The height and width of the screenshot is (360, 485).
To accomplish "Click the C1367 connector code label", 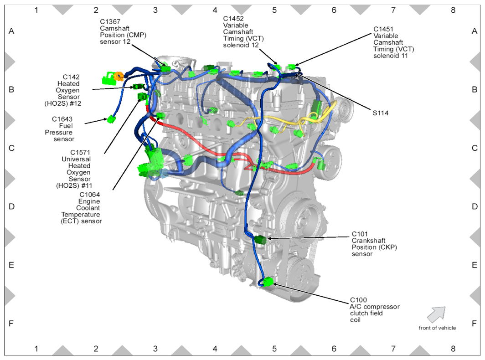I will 111,21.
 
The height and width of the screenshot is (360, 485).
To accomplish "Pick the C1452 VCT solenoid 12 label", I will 232,18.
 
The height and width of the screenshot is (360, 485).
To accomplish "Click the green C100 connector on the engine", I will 268,282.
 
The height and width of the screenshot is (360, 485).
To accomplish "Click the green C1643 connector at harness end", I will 111,119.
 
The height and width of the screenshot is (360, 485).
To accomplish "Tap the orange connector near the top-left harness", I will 119,76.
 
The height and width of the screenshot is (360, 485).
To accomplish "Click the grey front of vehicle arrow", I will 436,314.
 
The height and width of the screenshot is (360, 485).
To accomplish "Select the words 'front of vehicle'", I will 437,328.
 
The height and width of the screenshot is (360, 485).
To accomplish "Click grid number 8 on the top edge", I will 453,10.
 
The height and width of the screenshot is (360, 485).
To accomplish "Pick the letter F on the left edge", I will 11,323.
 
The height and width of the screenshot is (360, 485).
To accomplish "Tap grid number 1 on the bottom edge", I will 36,349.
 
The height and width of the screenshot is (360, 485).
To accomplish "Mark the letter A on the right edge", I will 474,31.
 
